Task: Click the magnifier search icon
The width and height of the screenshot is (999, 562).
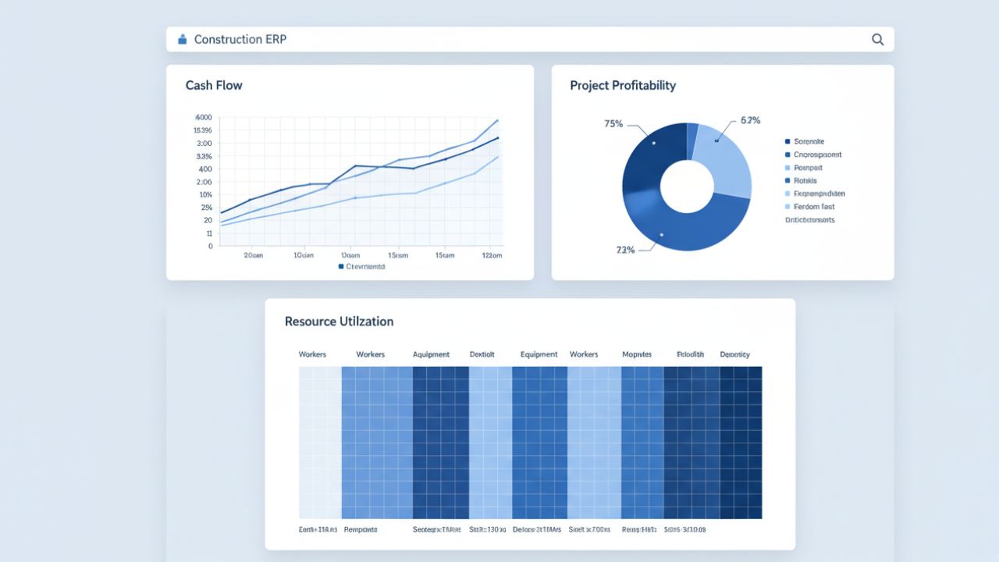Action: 877,40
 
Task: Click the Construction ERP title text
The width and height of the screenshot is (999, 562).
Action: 240,39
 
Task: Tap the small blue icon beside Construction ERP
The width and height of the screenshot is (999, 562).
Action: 183,39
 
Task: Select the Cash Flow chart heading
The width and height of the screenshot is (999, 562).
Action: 214,85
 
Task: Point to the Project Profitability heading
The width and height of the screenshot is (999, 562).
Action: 623,85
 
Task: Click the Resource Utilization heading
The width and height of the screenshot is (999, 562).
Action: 339,322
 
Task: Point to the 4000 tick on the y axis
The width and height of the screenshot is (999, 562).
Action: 203,117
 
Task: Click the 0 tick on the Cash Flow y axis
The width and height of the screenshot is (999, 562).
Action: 210,246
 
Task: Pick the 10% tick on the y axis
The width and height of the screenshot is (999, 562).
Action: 205,194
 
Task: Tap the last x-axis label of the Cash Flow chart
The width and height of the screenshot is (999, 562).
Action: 492,255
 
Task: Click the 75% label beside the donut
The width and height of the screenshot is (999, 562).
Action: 613,123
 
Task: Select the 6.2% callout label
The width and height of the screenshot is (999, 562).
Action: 750,120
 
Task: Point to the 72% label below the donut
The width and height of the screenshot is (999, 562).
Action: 625,250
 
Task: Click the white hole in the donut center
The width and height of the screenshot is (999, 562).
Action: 687,187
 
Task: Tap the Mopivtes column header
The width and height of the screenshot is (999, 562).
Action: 636,354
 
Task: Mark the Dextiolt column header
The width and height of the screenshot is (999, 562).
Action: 482,354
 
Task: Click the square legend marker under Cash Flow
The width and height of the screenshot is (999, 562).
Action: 341,266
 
